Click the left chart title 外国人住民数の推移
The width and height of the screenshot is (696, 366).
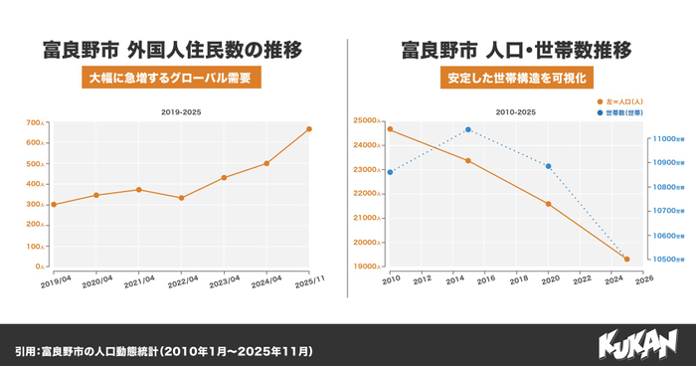pos(172,49)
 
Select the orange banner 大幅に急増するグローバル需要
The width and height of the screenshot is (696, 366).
pos(172,78)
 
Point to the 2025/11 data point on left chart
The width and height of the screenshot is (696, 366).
pos(309,129)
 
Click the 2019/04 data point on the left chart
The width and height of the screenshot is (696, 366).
pos(54,205)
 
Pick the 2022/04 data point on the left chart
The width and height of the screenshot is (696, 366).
pos(181,198)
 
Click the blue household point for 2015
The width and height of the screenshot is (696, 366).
pos(468,129)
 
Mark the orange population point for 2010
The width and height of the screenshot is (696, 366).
pos(390,129)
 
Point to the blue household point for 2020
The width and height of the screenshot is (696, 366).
pos(548,166)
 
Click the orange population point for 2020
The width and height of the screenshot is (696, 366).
pos(548,204)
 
